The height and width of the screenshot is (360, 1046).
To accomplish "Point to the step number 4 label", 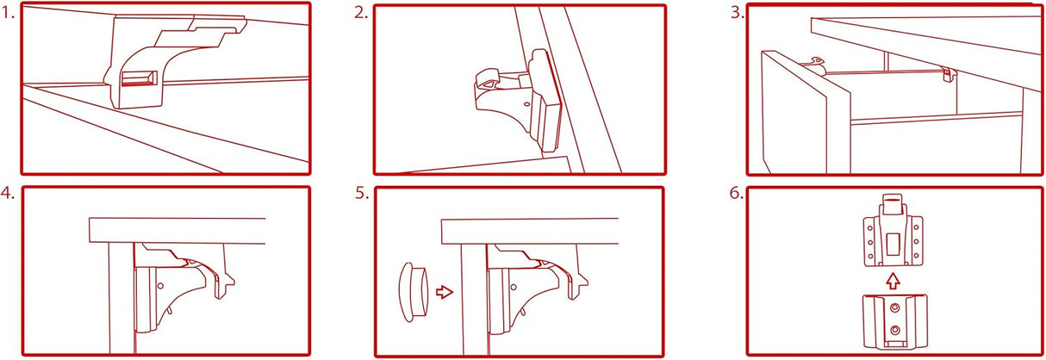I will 9,193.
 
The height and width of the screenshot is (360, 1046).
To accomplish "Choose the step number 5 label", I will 361,193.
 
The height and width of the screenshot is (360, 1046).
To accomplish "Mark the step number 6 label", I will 735,193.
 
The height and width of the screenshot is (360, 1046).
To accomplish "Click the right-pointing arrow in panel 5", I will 445,292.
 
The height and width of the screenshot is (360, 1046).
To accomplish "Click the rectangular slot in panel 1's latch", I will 139,79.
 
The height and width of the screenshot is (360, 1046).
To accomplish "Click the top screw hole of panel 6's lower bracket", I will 896,307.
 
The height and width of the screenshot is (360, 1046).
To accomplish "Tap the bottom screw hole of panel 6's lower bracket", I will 896,330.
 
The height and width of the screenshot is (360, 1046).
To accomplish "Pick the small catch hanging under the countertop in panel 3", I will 949,75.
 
